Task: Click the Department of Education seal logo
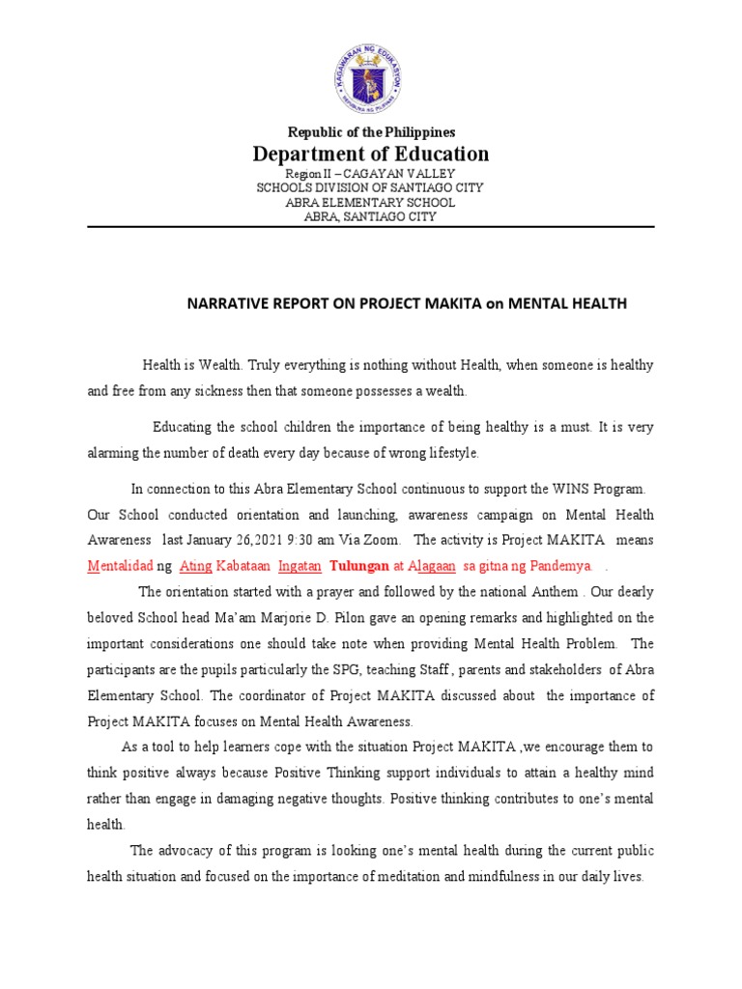click(371, 79)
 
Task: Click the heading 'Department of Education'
click(371, 155)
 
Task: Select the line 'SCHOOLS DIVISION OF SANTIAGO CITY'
click(371, 187)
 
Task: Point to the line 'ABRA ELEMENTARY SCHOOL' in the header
click(371, 202)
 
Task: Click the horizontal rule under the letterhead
click(371, 228)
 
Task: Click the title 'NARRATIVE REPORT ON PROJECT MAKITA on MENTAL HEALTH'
click(406, 303)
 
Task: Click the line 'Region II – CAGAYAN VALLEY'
click(371, 173)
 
